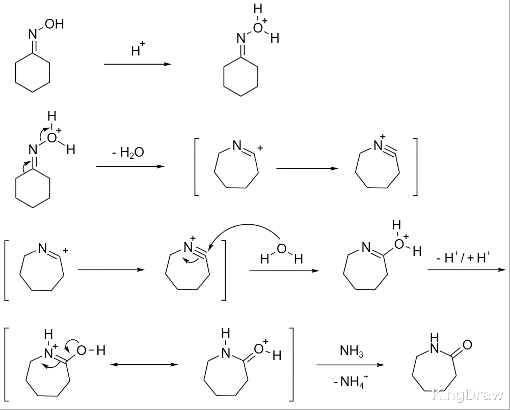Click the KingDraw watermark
pyautogui.click(x=468, y=395)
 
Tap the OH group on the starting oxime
pyautogui.click(x=55, y=24)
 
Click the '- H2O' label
pyautogui.click(x=128, y=152)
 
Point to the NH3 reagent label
pyautogui.click(x=351, y=351)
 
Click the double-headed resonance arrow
pyautogui.click(x=144, y=365)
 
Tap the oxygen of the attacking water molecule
pyautogui.click(x=282, y=249)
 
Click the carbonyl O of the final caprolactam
pyautogui.click(x=467, y=344)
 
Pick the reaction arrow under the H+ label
pyautogui.click(x=138, y=64)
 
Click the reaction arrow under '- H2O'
pyautogui.click(x=130, y=166)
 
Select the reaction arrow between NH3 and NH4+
pyautogui.click(x=351, y=365)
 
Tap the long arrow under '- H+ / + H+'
pyautogui.click(x=467, y=270)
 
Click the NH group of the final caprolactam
pyautogui.click(x=435, y=344)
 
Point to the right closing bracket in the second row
pyautogui.click(x=415, y=166)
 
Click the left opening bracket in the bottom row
pyautogui.click(x=7, y=364)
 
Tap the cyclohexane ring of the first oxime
pyautogui.click(x=33, y=72)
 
